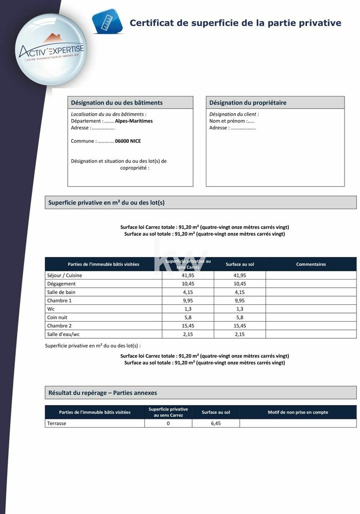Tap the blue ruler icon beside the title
pos(107,22)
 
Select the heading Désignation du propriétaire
pos(248,103)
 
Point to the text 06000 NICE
pos(128,141)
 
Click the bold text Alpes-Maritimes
pos(134,121)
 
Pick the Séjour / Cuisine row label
pos(64,276)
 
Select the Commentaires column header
pos(311,264)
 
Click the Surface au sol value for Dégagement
pos(239,284)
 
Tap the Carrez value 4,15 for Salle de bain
pos(188,292)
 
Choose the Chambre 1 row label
pos(59,300)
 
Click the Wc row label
pos(50,309)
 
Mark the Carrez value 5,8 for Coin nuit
pos(188,317)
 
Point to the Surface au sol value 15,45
pos(239,326)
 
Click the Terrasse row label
pos(56,424)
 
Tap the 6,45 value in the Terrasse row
pos(216,424)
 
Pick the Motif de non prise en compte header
pos(298,412)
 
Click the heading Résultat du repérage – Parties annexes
pos(103,393)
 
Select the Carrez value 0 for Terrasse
pos(168,424)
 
